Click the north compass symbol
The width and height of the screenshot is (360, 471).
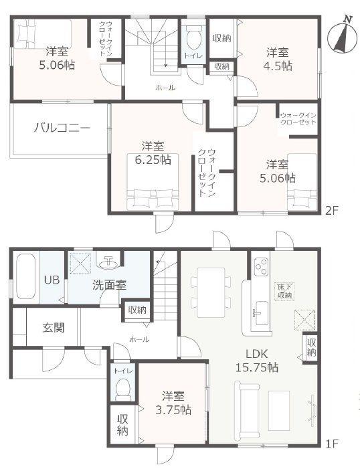[x=342, y=37]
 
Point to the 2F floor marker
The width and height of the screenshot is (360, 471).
[x=332, y=209]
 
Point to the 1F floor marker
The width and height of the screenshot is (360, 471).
[x=333, y=444]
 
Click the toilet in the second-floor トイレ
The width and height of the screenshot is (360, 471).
[x=194, y=35]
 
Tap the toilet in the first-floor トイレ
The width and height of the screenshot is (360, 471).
[x=122, y=389]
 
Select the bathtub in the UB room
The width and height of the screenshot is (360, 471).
[x=25, y=276]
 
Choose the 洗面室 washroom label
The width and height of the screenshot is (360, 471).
[x=110, y=284]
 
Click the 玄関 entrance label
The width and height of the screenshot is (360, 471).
[x=54, y=328]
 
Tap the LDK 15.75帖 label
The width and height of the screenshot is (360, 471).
[x=258, y=361]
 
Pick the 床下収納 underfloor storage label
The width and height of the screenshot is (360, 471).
[x=284, y=290]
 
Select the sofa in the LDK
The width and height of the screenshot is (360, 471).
[x=244, y=405]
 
